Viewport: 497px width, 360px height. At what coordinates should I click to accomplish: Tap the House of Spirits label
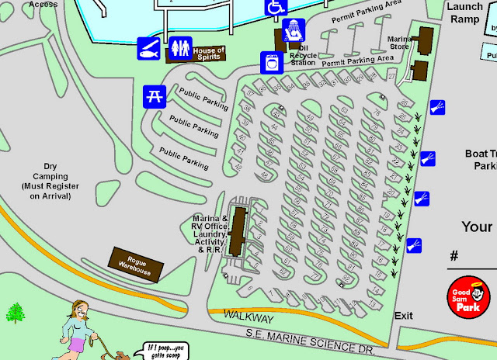208,53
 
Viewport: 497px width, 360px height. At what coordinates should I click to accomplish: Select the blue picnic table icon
153,96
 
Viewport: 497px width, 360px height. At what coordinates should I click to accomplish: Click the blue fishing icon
149,48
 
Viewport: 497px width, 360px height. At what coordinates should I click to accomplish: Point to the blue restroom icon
181,48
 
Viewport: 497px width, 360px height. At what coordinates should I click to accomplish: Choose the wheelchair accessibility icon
276,7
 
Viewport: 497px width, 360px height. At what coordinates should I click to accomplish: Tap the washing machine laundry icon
271,61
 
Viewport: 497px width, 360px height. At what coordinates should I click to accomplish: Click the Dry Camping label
49,181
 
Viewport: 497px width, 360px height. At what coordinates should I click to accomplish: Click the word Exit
404,316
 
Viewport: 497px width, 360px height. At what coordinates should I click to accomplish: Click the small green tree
15,313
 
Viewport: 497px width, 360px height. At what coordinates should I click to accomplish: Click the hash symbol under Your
454,255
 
